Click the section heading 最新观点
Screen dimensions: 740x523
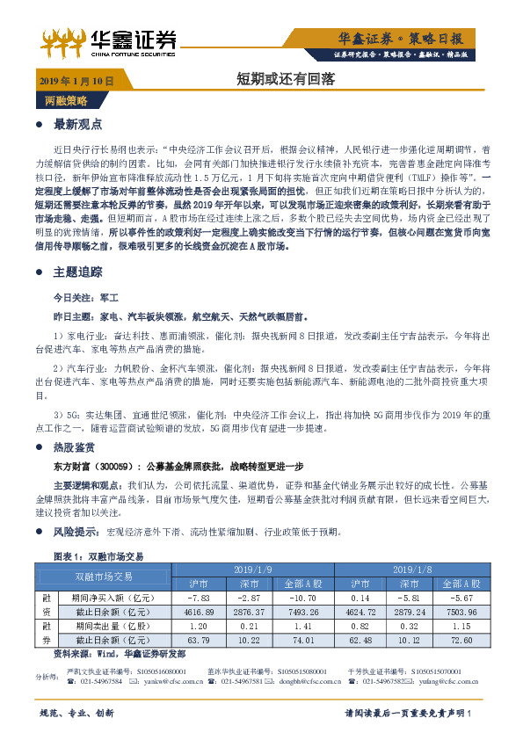[78, 123]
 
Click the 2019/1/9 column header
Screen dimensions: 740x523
[273, 570]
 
